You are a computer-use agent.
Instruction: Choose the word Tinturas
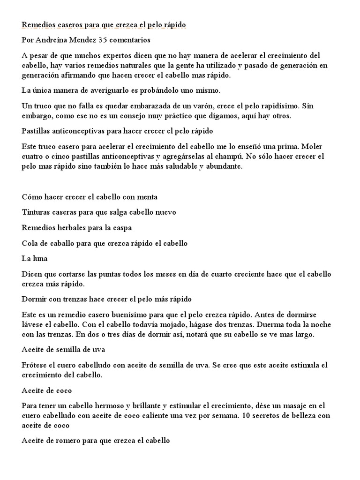(37, 212)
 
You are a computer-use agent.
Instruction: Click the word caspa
(121, 228)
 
